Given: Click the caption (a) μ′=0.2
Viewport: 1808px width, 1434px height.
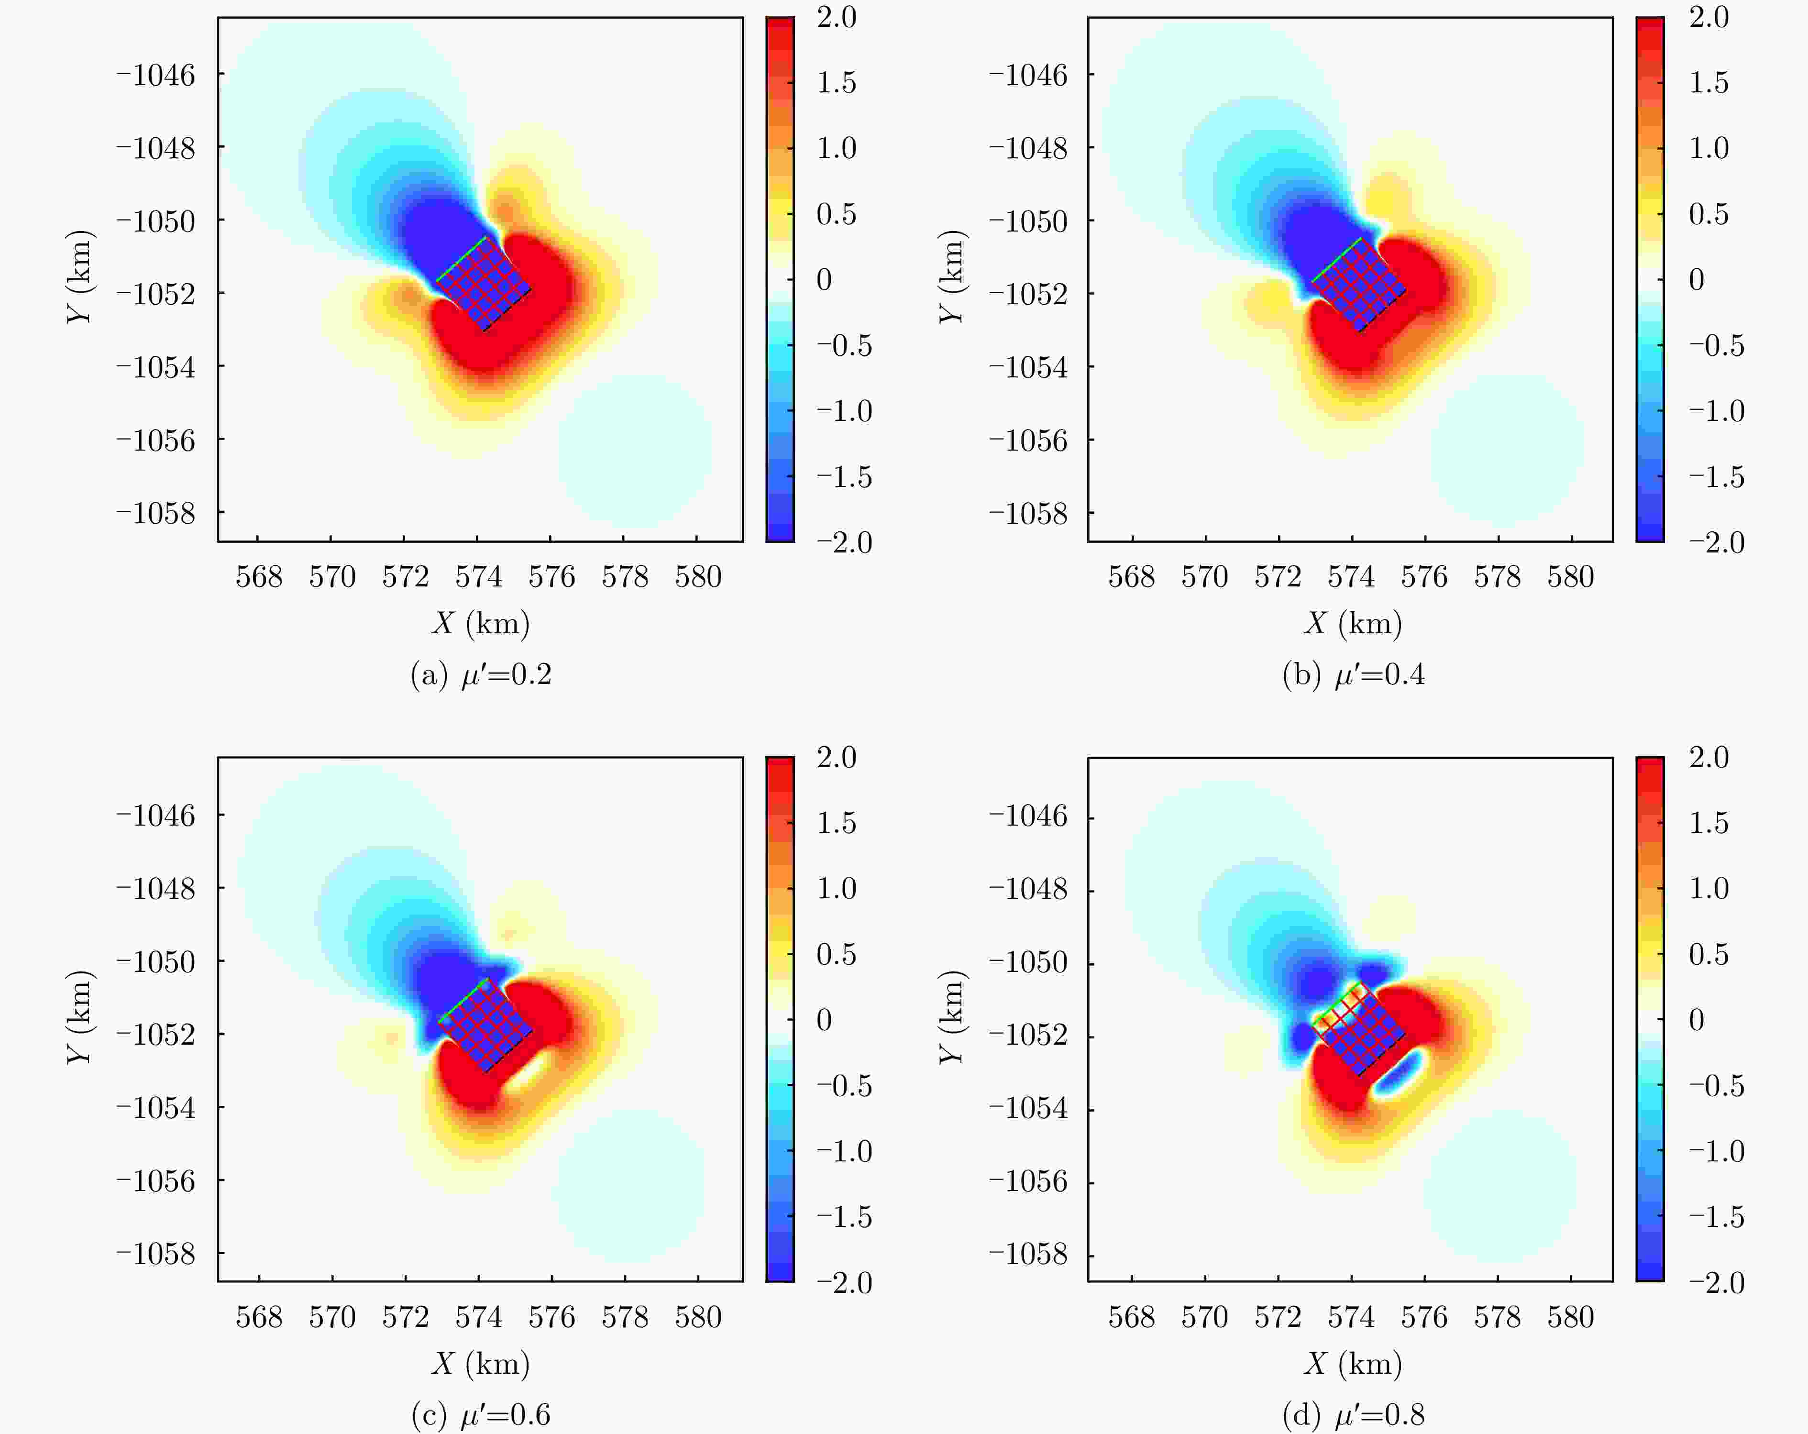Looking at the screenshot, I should click(481, 675).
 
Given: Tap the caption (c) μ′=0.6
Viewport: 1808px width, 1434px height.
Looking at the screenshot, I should click(481, 1415).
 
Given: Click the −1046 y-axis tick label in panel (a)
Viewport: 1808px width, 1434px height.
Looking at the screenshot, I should click(156, 76).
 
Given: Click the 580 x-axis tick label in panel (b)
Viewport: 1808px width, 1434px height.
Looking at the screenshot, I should click(1570, 577).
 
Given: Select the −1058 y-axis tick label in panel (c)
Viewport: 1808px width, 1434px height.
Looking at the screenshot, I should click(156, 1255).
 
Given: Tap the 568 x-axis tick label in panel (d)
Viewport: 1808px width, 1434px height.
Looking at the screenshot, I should click(1131, 1317).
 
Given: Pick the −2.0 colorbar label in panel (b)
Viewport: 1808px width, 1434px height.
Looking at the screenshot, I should click(1716, 542).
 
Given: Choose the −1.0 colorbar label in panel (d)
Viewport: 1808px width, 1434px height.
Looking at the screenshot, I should click(1716, 1151).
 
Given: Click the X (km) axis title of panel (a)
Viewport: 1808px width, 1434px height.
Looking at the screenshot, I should click(481, 623).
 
